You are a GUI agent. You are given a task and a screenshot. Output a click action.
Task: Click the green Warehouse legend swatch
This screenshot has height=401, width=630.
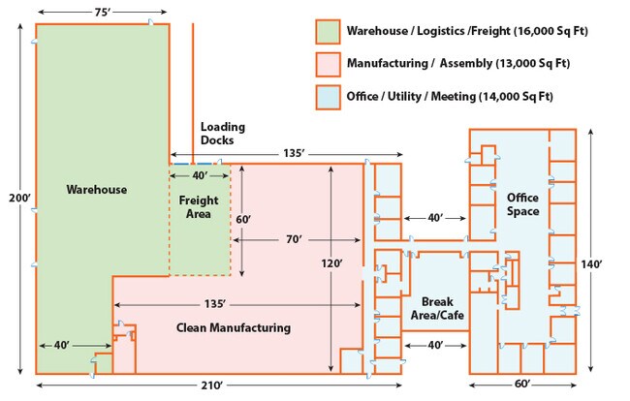[327, 31]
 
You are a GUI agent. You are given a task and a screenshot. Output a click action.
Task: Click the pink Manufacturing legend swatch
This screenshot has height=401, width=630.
[327, 63]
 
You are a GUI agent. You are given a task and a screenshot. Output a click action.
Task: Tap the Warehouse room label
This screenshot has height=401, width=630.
[97, 190]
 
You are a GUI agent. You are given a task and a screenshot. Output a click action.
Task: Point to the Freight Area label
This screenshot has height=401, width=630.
[201, 207]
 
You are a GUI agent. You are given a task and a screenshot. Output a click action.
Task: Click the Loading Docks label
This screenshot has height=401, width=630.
[222, 134]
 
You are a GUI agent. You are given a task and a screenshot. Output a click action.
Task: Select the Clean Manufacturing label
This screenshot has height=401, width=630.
[234, 327]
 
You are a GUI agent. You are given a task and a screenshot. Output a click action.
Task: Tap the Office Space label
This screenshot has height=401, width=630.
[522, 204]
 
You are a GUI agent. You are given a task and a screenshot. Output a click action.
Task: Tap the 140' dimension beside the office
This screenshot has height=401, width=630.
[606, 263]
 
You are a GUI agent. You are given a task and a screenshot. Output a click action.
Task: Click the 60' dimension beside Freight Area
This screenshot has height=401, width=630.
[243, 220]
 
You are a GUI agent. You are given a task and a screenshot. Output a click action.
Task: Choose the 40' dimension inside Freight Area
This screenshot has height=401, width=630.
[200, 175]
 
